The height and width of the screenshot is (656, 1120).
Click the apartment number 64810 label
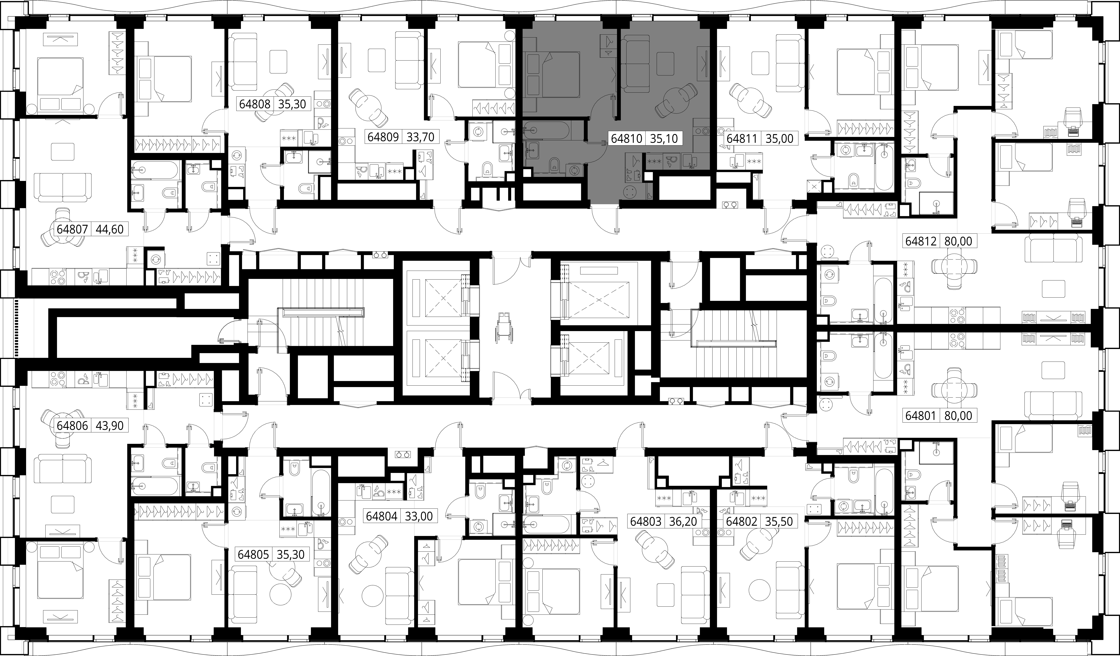[x=627, y=139]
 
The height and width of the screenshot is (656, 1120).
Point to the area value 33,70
[x=420, y=136]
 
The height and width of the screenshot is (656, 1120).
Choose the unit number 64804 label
[x=381, y=516]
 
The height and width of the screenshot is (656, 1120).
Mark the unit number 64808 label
[x=255, y=104]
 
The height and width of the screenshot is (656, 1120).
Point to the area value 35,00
[x=779, y=139]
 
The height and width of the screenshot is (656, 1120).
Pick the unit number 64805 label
[x=253, y=555]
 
